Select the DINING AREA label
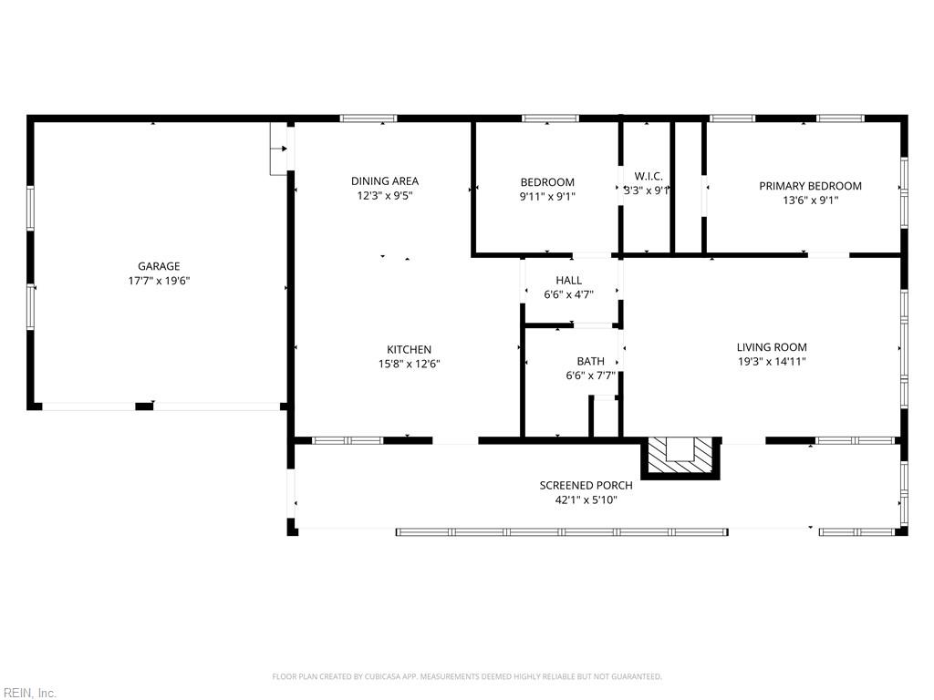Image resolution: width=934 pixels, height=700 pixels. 385,180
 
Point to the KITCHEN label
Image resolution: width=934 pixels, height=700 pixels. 409,349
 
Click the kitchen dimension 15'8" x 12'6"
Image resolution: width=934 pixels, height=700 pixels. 409,364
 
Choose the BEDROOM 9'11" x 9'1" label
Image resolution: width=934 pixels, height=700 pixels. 547,181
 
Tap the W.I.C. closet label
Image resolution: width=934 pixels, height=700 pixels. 648,176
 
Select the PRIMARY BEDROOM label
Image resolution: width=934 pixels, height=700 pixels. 810,185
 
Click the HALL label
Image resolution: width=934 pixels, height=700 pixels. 568,280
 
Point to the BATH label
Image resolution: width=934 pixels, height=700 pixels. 590,361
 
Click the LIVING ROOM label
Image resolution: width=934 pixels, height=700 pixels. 772,346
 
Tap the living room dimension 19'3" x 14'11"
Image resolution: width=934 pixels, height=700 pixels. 772,361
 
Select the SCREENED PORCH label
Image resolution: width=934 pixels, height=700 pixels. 586,485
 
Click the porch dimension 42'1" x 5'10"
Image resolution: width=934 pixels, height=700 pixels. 586,499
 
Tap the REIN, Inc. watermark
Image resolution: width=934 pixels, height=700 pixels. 29,693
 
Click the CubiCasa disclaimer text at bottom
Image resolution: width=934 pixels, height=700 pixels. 467,676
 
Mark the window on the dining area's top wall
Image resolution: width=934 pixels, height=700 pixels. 368,118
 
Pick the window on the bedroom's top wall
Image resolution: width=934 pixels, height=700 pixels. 550,118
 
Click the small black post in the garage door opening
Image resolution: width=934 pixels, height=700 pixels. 144,406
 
